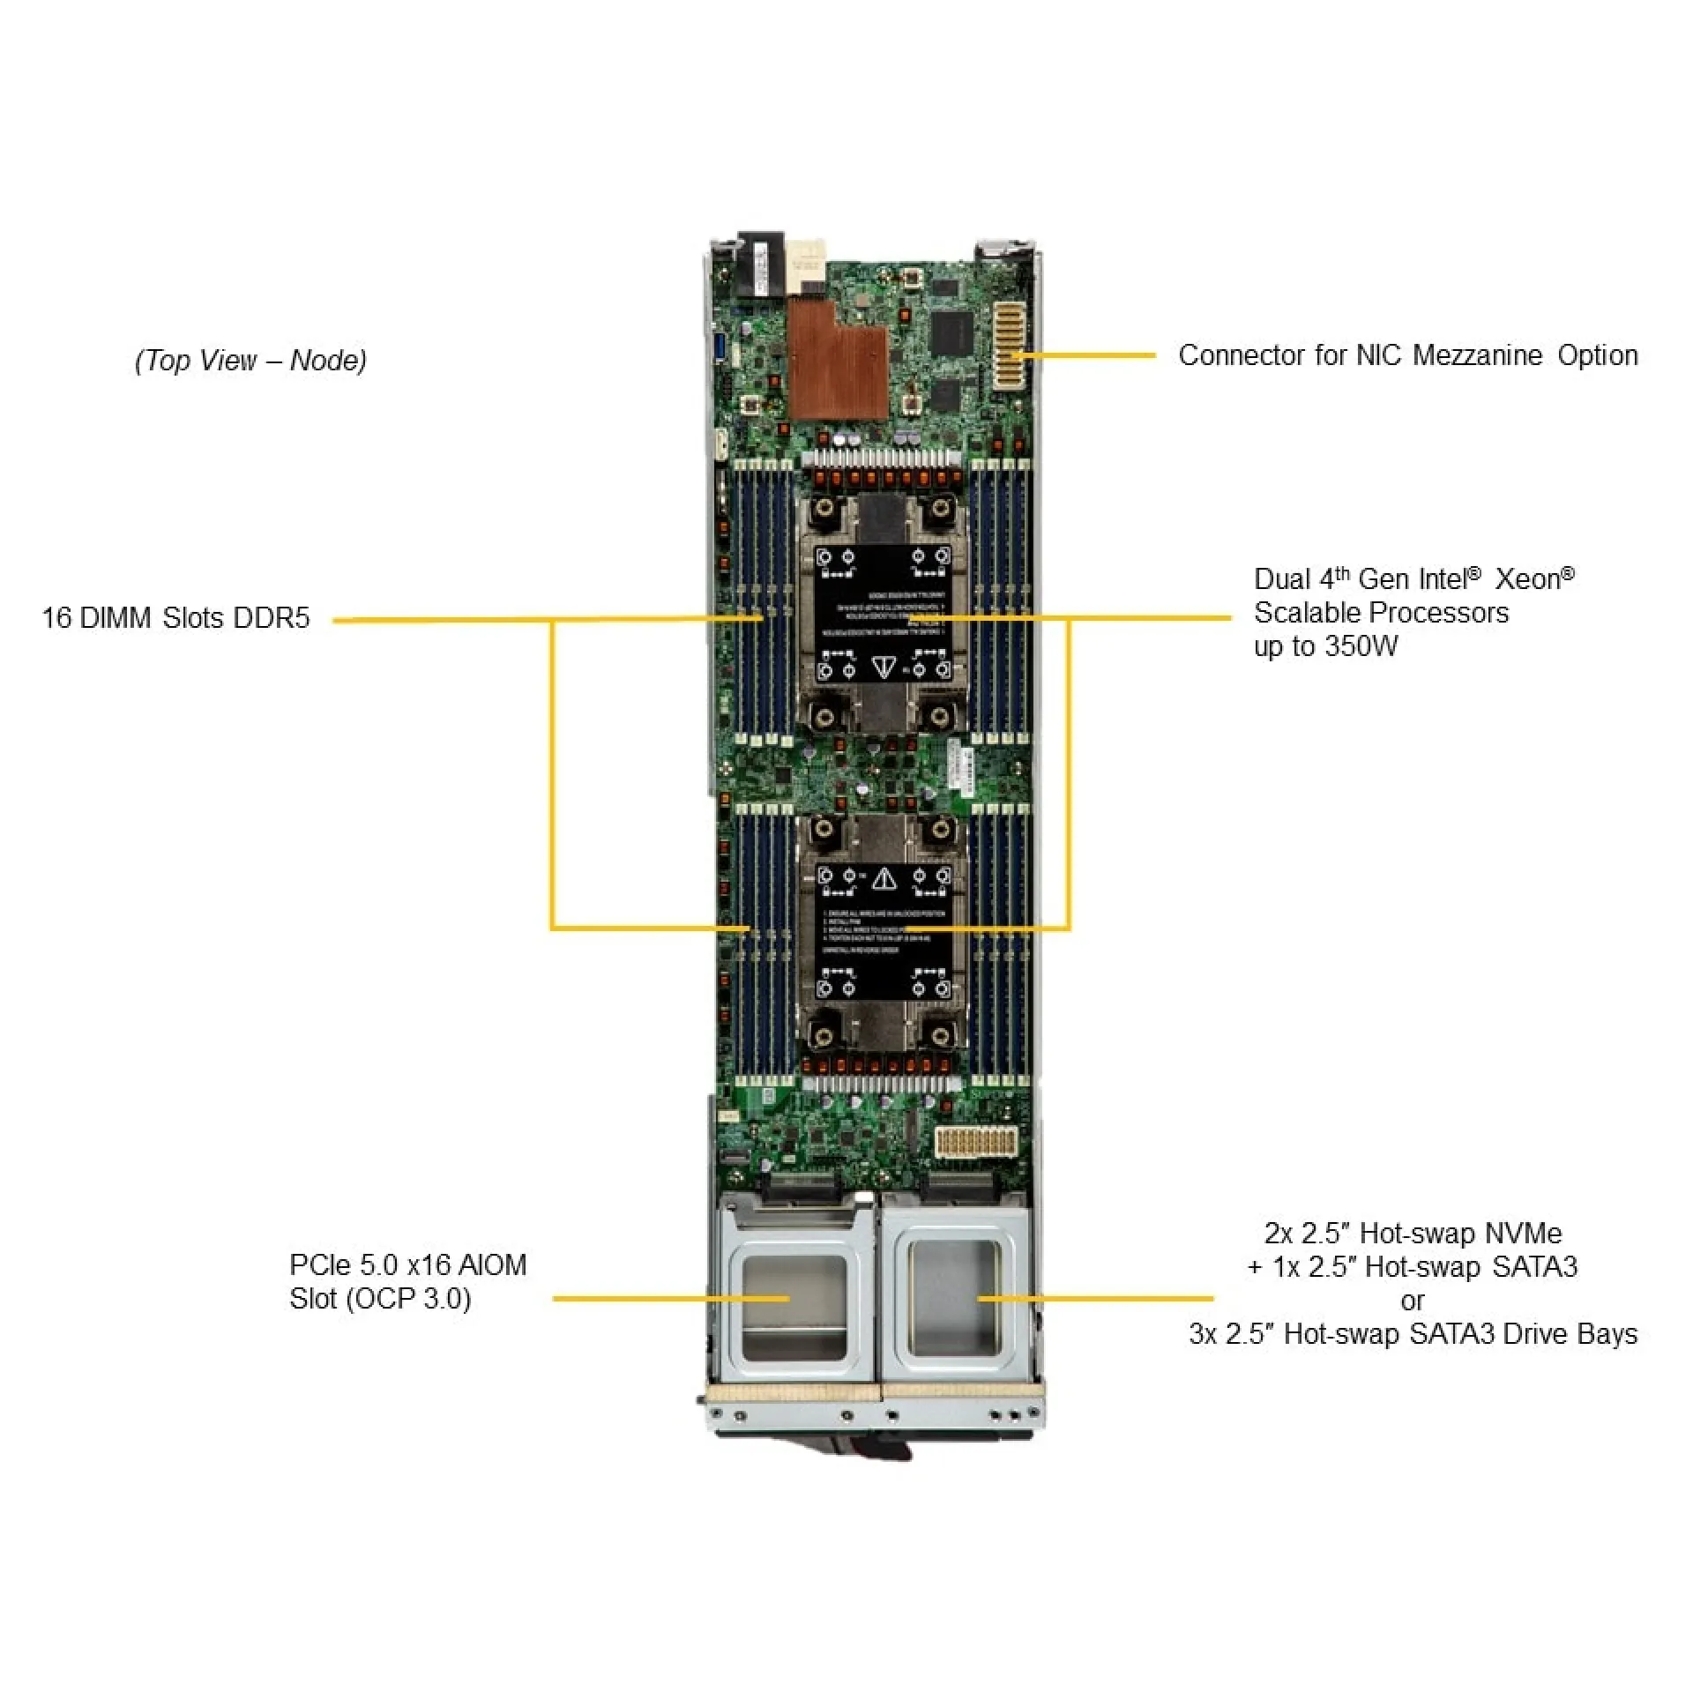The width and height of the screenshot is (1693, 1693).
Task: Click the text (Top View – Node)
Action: click(250, 360)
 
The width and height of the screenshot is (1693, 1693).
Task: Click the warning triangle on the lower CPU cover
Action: click(884, 878)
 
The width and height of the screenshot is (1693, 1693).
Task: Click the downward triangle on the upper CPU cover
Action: click(884, 668)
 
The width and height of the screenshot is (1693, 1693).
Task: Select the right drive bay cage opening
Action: click(954, 1296)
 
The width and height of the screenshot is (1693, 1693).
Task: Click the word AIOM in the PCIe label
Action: click(494, 1265)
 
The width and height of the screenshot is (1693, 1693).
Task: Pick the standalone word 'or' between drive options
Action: click(1412, 1300)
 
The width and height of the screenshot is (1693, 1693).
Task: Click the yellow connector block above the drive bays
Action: click(975, 1140)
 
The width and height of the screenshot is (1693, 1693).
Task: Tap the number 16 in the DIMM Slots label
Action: click(56, 618)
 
